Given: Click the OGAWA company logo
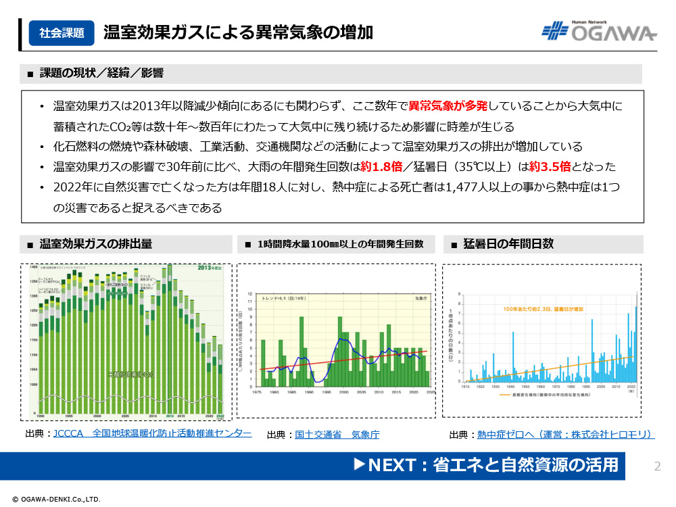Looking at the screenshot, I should click(x=599, y=32).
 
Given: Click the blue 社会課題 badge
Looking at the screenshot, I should click(x=62, y=32).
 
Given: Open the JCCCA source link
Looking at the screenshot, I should click(x=152, y=433).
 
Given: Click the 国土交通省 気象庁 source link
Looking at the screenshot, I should click(x=337, y=435).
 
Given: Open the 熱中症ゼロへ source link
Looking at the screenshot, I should click(x=564, y=435).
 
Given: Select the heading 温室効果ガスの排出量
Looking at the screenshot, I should click(x=95, y=244).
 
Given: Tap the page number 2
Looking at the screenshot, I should click(x=658, y=466).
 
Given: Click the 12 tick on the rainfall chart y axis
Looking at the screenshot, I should click(x=250, y=295).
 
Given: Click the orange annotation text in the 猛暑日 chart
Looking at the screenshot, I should click(x=543, y=308).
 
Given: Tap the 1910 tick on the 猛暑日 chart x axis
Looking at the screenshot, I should click(x=465, y=387).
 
